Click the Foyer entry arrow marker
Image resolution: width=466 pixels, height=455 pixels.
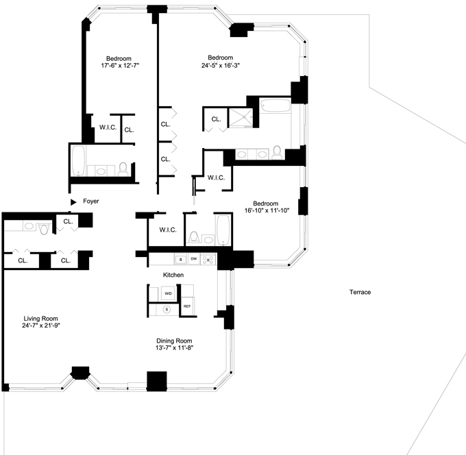click(73, 202)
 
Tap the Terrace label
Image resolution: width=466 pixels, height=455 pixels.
click(360, 292)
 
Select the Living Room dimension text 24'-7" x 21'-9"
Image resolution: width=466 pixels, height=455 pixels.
click(41, 325)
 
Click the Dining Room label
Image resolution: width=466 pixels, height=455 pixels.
click(174, 341)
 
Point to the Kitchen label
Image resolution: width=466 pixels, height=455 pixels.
click(173, 275)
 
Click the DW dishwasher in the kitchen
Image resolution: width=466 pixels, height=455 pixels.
click(194, 259)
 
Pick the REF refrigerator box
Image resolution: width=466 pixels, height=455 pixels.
click(187, 306)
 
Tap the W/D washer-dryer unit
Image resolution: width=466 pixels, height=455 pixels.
click(168, 293)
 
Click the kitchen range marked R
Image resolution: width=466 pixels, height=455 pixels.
click(208, 259)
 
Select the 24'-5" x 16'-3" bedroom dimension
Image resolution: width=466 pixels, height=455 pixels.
click(221, 65)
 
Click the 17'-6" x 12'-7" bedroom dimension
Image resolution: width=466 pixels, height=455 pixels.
click(120, 65)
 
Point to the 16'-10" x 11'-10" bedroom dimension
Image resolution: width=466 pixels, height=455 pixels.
click(267, 210)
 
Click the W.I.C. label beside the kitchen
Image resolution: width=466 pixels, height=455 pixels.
click(168, 230)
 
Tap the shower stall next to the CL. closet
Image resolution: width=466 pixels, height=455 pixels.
click(241, 118)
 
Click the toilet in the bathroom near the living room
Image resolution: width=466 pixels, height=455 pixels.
click(44, 229)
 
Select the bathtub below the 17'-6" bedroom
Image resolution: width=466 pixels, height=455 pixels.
click(79, 160)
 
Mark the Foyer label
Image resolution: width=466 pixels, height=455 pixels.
click(91, 201)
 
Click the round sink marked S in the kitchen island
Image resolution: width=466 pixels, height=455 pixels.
click(167, 309)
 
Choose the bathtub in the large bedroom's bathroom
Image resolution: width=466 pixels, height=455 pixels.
click(275, 106)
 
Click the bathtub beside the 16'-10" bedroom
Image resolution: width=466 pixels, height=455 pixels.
click(223, 230)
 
